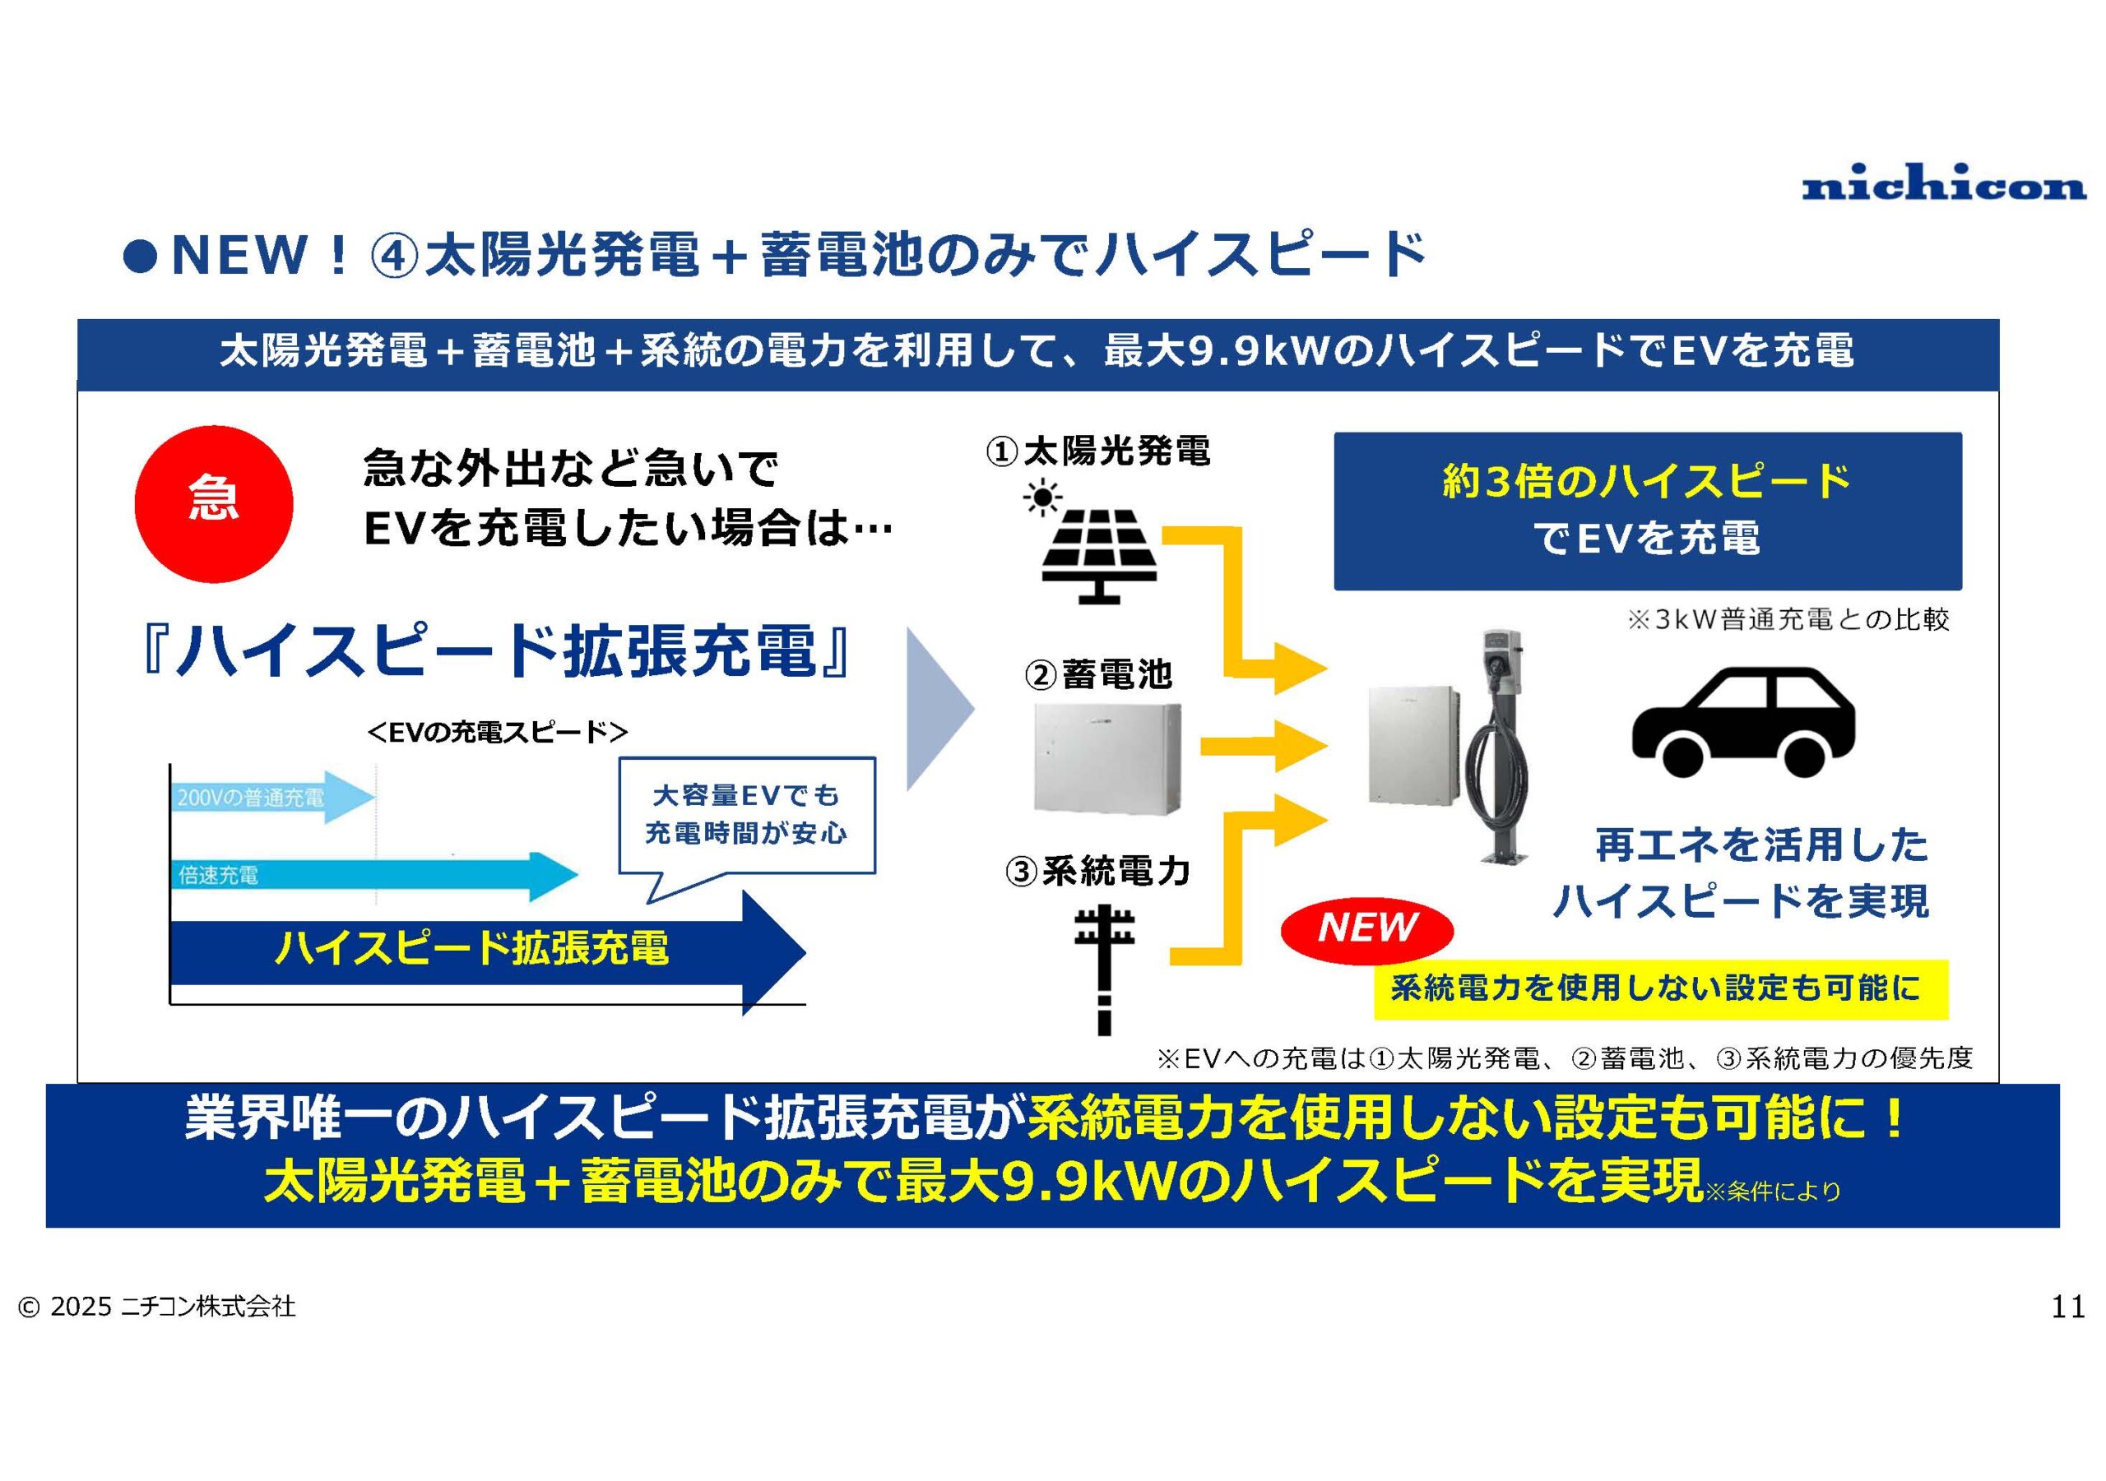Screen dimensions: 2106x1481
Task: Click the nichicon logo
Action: (1944, 183)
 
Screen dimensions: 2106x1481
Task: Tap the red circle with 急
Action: (214, 503)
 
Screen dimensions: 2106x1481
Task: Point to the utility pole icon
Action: (1104, 970)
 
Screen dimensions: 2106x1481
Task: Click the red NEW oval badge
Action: (1366, 929)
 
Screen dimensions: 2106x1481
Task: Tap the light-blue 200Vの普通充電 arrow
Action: (272, 797)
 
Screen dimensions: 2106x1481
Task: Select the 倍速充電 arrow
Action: (374, 875)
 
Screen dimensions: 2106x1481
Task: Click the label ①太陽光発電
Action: (1098, 451)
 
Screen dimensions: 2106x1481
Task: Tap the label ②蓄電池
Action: (1098, 675)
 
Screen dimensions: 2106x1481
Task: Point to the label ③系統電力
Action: (1098, 870)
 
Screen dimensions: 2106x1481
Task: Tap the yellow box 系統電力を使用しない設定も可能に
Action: (1660, 989)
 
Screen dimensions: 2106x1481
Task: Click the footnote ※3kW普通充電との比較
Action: (1788, 620)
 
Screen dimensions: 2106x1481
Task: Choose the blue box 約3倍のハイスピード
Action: (1648, 511)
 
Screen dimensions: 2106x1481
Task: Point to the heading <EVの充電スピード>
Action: (497, 732)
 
